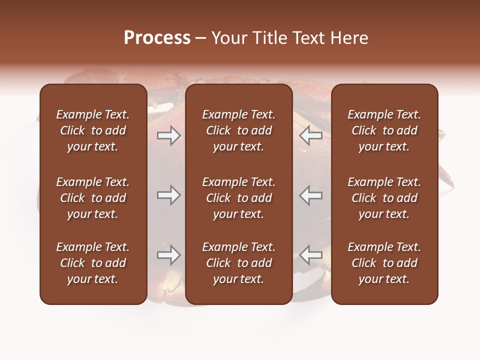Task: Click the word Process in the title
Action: tap(157, 38)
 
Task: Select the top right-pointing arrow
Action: tap(169, 135)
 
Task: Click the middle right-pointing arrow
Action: tap(169, 195)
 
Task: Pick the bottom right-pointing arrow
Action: tap(169, 255)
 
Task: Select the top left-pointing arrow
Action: tap(311, 135)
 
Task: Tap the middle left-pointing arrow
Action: tap(311, 195)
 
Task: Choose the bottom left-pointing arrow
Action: tap(311, 255)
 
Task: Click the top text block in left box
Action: tap(93, 130)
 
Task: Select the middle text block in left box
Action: tap(93, 198)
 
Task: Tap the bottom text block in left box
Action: tap(93, 263)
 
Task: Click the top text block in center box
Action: tap(239, 130)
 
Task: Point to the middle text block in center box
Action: tap(239, 198)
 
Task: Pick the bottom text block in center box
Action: tap(239, 263)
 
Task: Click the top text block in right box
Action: tap(384, 130)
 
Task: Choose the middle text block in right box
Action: tap(384, 198)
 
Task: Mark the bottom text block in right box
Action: tap(384, 263)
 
